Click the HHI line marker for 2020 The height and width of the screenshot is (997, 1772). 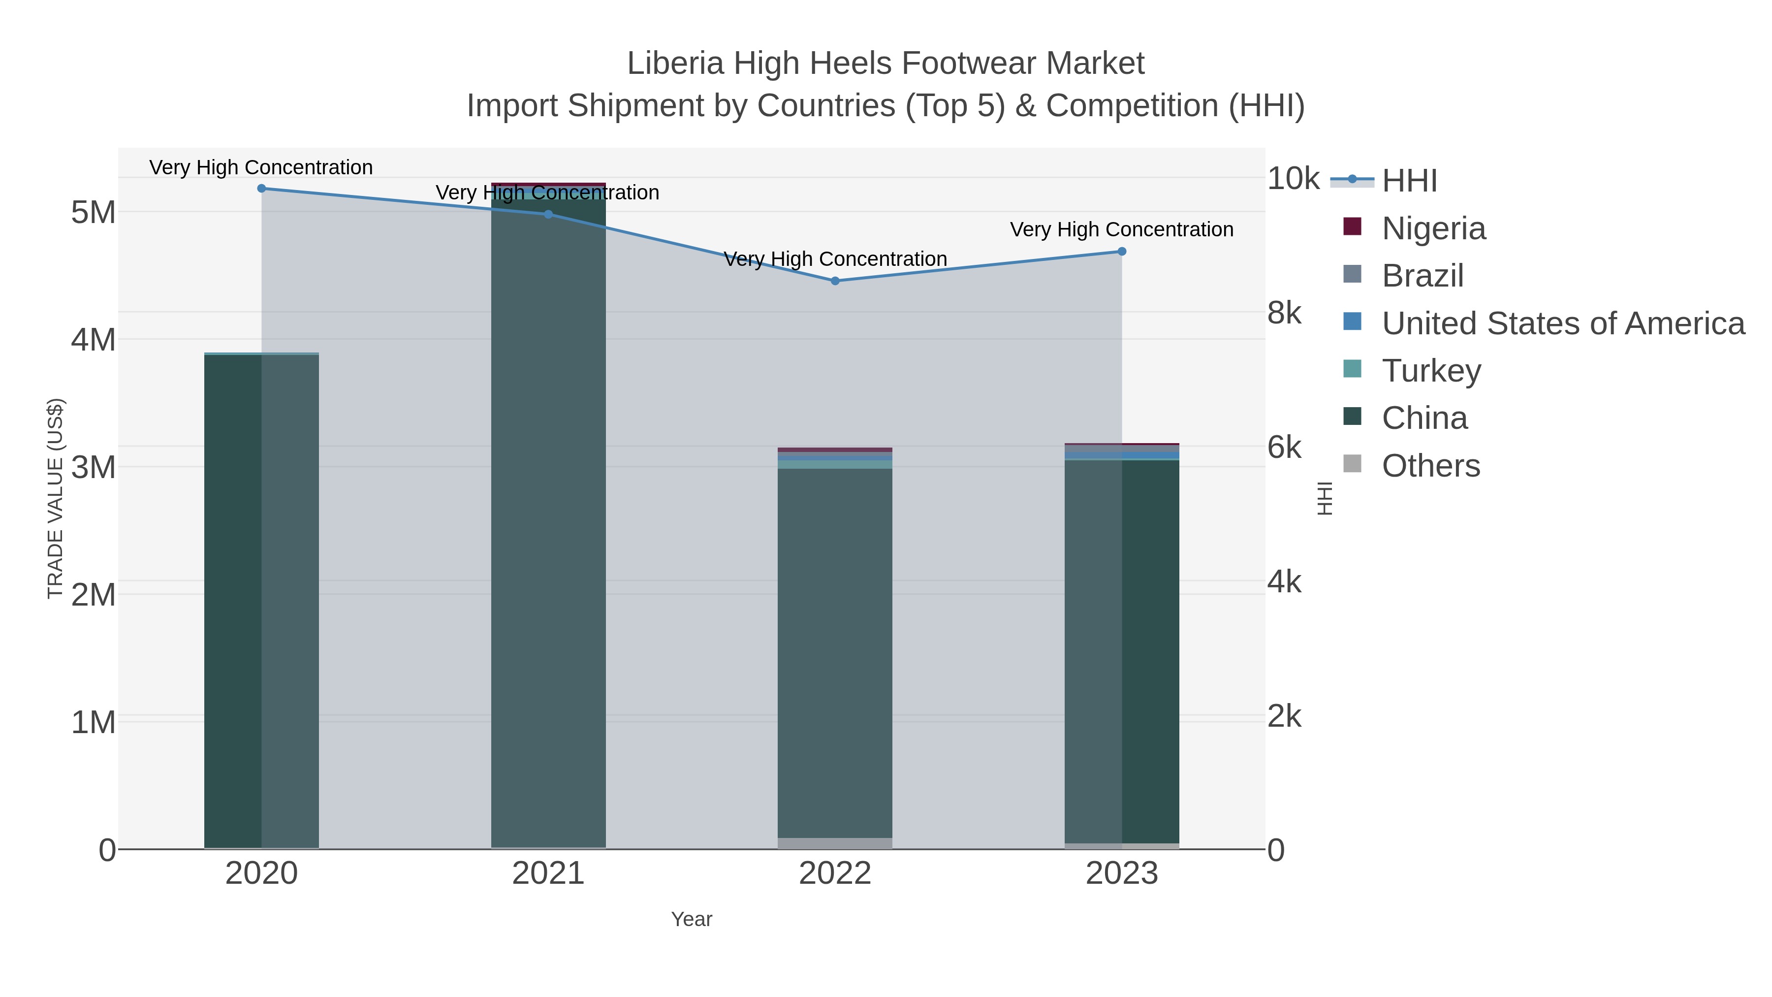[261, 189]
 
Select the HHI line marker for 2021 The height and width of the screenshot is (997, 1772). [548, 215]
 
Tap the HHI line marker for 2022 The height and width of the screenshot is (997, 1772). [835, 281]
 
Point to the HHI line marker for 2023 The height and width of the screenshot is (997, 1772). [1122, 252]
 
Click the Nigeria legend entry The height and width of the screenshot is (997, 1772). [1433, 228]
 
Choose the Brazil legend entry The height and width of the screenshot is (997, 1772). [1423, 276]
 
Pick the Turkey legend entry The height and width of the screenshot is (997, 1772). [1431, 371]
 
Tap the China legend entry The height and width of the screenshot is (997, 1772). [1424, 418]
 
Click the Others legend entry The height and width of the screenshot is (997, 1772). [1431, 466]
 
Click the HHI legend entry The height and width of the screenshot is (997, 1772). [1409, 181]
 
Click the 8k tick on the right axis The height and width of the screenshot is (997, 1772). [1284, 313]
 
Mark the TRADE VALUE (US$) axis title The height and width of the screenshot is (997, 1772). [56, 498]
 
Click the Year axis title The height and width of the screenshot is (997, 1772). [692, 919]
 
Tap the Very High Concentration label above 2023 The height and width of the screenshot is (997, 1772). [1121, 230]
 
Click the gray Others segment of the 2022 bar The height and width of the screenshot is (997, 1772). [835, 843]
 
